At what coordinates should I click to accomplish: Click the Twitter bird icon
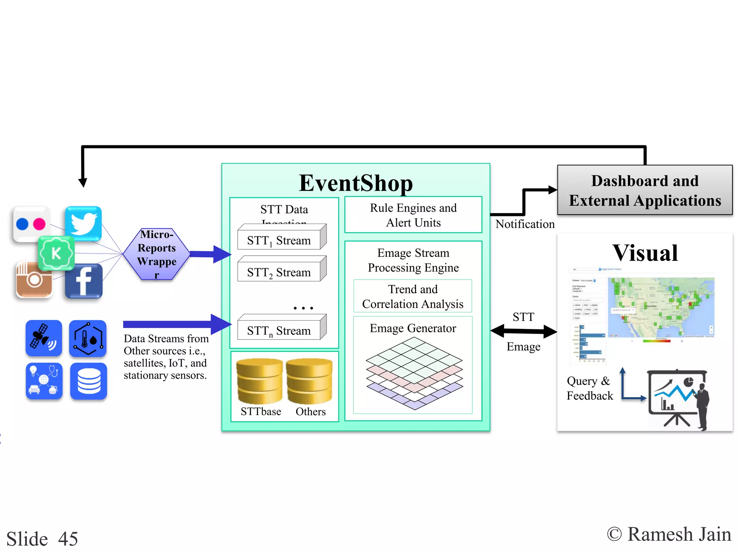[83, 224]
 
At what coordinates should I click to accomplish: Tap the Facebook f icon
[84, 281]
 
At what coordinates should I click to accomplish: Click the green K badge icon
[56, 253]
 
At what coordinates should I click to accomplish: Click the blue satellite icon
[44, 338]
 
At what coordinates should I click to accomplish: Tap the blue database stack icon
[88, 381]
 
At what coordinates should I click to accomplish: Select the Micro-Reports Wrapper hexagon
[157, 254]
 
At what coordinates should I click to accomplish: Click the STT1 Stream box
[279, 240]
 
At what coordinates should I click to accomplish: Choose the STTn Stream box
[279, 330]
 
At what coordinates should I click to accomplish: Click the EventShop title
[356, 183]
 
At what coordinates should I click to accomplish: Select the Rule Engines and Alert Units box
[413, 215]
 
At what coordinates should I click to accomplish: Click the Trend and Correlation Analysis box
[412, 296]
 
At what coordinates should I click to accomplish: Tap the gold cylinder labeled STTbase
[259, 381]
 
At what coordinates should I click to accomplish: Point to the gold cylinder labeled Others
[309, 381]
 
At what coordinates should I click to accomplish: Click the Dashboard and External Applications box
[644, 190]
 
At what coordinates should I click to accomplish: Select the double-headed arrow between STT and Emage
[524, 331]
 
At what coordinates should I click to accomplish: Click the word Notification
[525, 224]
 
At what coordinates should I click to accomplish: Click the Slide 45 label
[42, 539]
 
